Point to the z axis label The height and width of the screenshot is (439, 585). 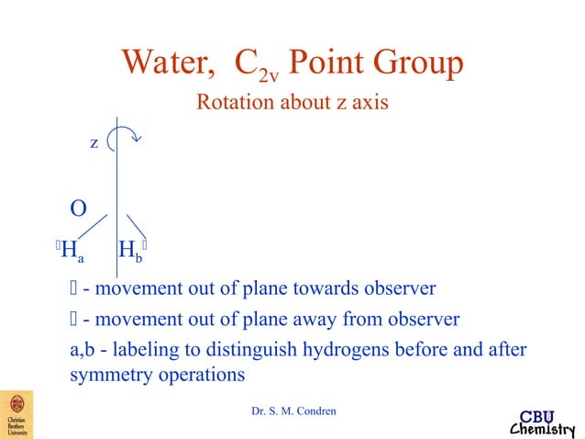pyautogui.click(x=94, y=143)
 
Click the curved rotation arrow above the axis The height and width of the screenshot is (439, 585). pyautogui.click(x=124, y=138)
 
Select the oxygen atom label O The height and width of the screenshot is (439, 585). pyautogui.click(x=79, y=208)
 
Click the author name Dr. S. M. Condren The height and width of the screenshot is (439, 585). pyautogui.click(x=293, y=411)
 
